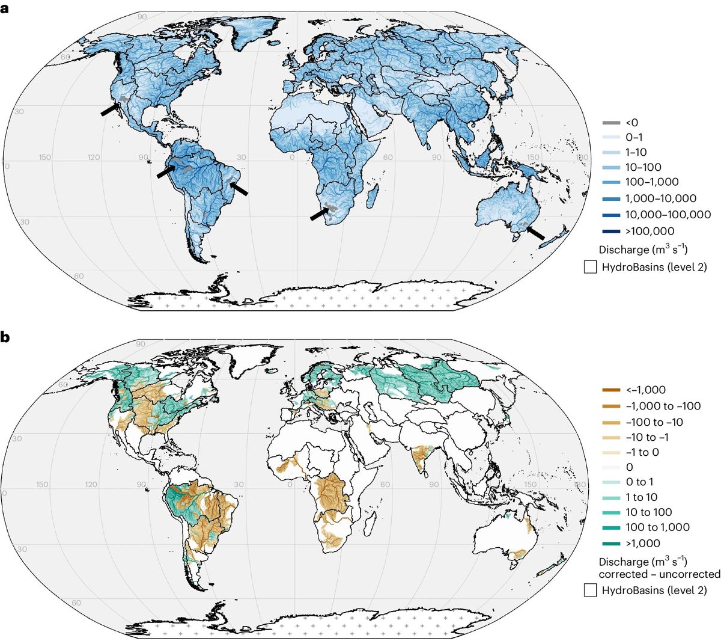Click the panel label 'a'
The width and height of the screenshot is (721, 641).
pos(5,9)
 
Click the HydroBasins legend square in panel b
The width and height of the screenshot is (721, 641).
pos(590,590)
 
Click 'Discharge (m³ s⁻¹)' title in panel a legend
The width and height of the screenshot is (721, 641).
pos(643,249)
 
